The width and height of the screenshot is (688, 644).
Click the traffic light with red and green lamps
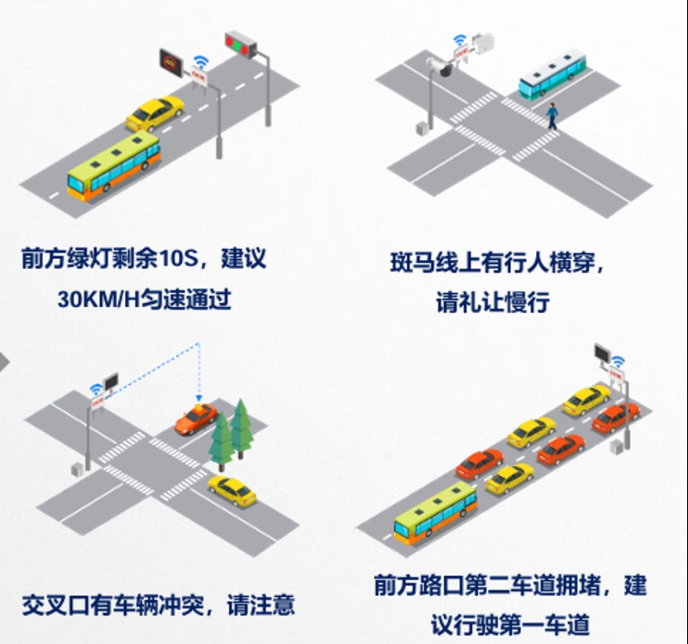click(241, 45)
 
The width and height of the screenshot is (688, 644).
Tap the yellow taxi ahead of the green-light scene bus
click(155, 113)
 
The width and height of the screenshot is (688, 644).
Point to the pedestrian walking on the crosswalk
click(552, 116)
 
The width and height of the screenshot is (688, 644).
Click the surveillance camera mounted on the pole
click(440, 66)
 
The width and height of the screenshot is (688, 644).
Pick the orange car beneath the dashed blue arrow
click(196, 419)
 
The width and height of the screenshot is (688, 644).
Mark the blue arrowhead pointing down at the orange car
click(198, 398)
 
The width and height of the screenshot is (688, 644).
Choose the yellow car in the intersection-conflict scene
click(232, 491)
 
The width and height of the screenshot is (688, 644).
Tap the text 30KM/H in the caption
click(98, 300)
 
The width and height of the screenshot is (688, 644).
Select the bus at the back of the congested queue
click(435, 512)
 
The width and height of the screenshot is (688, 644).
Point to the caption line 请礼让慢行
click(492, 303)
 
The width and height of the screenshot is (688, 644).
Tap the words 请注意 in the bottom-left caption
click(260, 605)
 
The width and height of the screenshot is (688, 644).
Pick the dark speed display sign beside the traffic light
click(170, 63)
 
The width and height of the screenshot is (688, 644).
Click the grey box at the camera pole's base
click(422, 129)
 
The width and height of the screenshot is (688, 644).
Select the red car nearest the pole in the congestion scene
click(614, 417)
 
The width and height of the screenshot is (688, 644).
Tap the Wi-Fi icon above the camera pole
click(460, 40)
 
